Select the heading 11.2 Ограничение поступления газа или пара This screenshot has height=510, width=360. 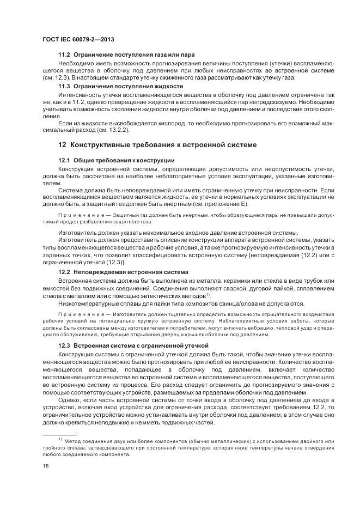pyautogui.click(x=126, y=55)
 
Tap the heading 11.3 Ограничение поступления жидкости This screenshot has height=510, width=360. pyautogui.click(x=120, y=86)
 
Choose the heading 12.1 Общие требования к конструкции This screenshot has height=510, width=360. pyautogui.click(x=116, y=160)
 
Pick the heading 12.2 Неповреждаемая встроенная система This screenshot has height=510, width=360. pyautogui.click(x=123, y=271)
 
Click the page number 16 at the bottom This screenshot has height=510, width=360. pyautogui.click(x=45, y=465)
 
